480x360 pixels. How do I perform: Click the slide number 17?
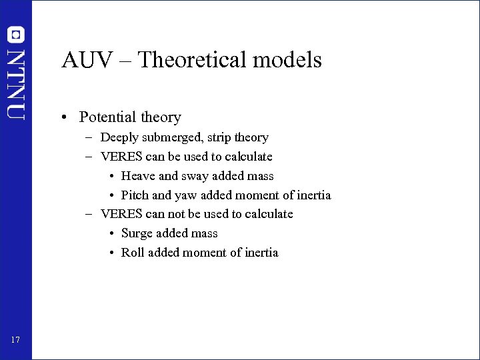[x=16, y=341]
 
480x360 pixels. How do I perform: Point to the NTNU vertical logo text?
[x=16, y=83]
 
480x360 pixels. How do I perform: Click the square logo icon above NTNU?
[x=16, y=35]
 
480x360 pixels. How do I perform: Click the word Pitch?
[x=135, y=195]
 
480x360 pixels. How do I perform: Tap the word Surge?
[x=137, y=234]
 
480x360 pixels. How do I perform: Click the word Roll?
[x=133, y=253]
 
